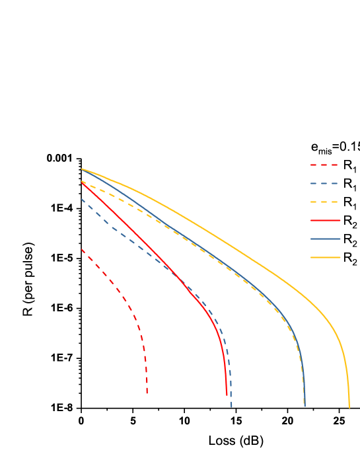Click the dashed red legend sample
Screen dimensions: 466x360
[x=325, y=165]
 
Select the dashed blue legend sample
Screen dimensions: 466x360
[x=325, y=183]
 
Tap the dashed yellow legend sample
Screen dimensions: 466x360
[x=325, y=202]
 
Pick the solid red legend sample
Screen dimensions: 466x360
[x=325, y=220]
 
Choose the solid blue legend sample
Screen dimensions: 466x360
[x=325, y=239]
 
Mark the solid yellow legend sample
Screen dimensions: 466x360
[x=325, y=257]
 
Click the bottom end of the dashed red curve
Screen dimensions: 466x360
[x=147, y=394]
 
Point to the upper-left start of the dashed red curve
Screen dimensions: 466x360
[x=82, y=249]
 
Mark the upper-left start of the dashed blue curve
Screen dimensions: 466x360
[x=82, y=199]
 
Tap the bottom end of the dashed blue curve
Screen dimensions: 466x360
[x=231, y=407]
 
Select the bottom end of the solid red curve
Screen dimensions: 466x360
[x=227, y=395]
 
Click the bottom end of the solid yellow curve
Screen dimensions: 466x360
[x=349, y=407]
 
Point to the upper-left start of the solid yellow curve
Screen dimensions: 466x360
[x=82, y=169]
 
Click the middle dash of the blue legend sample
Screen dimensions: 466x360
[x=325, y=183]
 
